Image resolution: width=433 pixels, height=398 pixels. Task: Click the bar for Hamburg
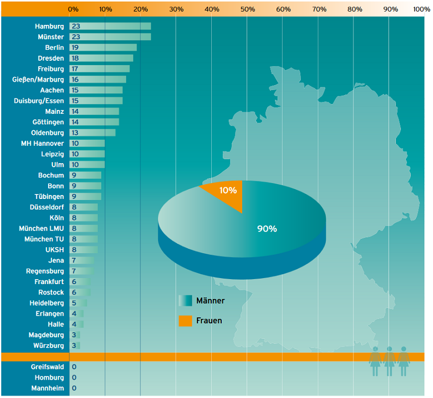tap(111, 27)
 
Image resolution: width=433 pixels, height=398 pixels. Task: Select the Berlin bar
tap(103, 48)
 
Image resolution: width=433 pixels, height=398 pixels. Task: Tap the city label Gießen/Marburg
tap(38, 80)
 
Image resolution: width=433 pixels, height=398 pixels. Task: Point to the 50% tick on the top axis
tap(247, 9)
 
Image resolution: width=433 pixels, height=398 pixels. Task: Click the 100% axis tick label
tap(422, 9)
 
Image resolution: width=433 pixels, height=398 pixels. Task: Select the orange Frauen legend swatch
tap(185, 321)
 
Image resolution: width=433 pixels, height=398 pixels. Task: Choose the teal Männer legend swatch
tap(185, 301)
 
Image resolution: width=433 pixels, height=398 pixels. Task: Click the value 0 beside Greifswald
tap(74, 367)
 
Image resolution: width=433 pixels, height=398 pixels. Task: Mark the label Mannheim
tap(48, 388)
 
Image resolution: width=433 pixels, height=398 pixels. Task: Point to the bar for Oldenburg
tap(93, 133)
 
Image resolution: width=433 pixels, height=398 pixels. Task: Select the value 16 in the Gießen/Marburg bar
tap(75, 80)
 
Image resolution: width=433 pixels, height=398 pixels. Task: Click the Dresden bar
tap(102, 58)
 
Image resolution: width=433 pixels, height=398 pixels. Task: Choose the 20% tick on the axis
tap(140, 9)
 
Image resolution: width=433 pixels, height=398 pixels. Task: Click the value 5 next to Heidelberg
tap(74, 303)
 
